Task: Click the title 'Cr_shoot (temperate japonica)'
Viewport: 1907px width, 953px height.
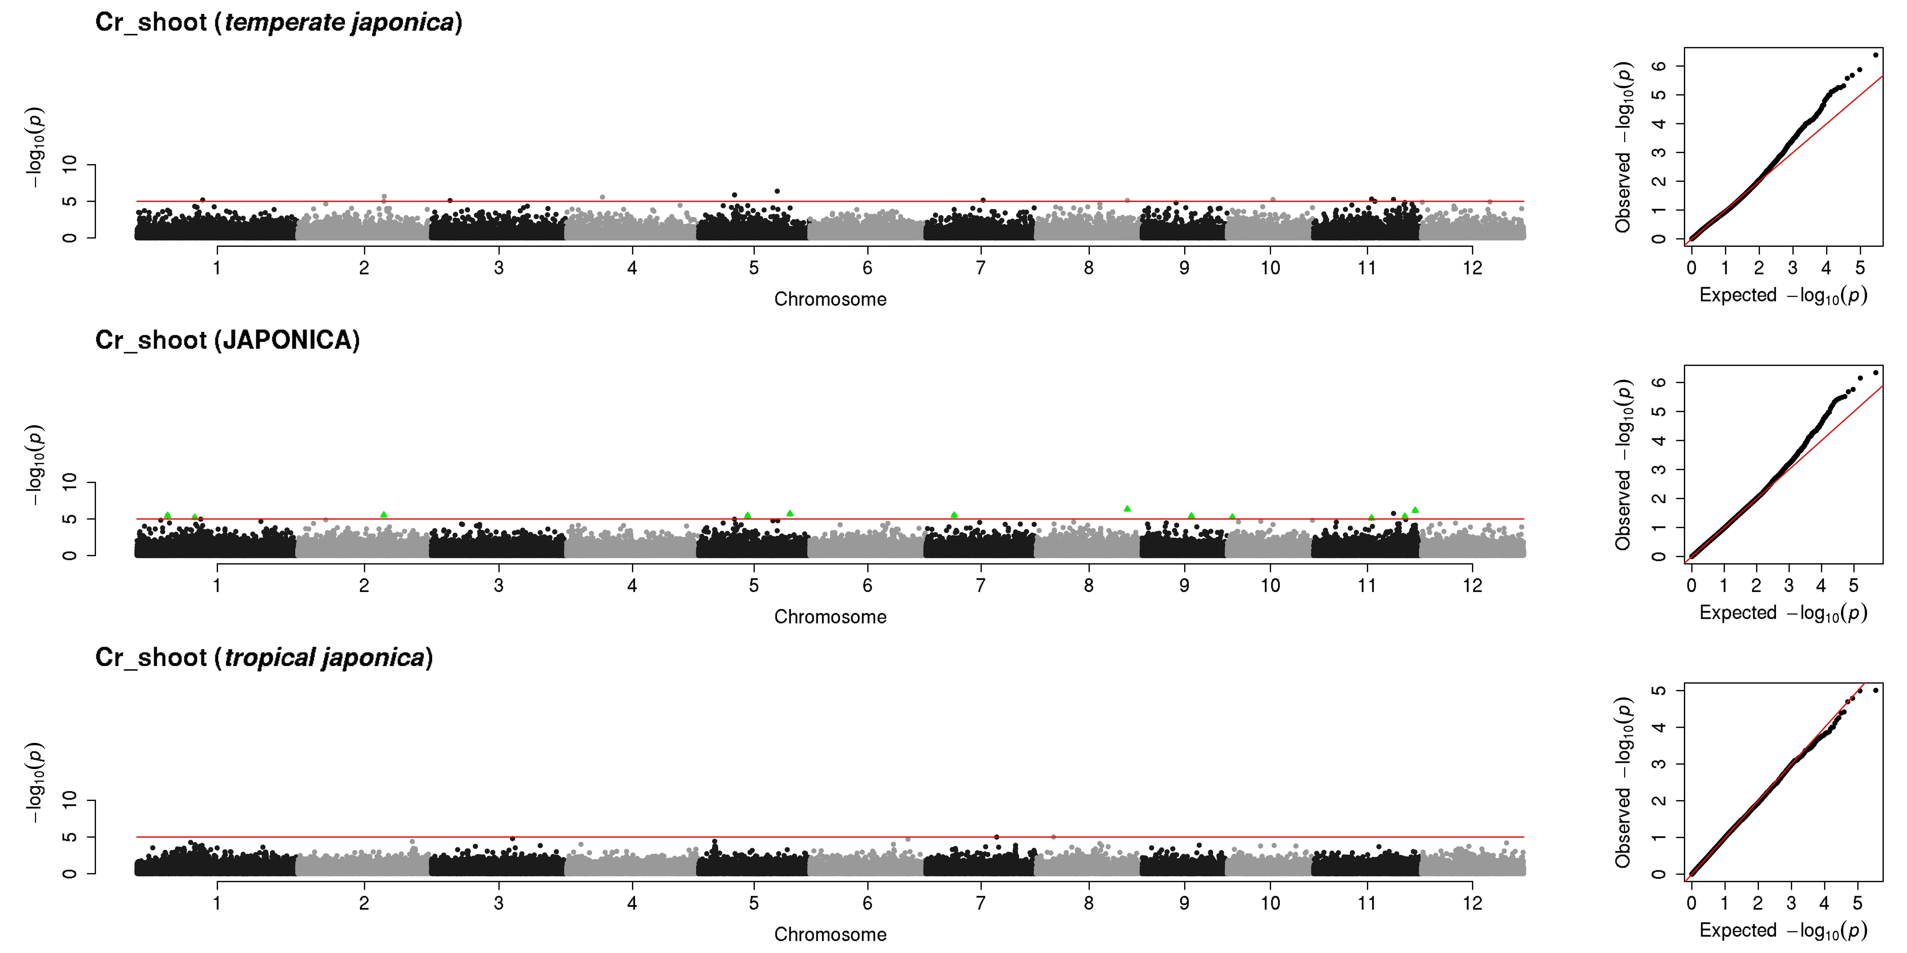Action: click(x=278, y=22)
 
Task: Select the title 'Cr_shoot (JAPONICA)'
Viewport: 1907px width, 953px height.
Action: click(x=227, y=340)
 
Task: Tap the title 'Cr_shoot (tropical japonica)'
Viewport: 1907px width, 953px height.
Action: click(x=264, y=658)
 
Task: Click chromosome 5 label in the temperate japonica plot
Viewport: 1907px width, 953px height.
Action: click(x=754, y=268)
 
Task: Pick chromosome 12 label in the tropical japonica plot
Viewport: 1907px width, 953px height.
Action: click(x=1472, y=903)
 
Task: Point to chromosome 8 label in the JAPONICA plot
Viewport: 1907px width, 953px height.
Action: click(x=1088, y=586)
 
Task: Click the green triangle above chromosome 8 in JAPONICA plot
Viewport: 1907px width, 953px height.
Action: click(x=1127, y=508)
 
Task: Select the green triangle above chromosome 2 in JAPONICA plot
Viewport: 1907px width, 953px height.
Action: click(x=383, y=514)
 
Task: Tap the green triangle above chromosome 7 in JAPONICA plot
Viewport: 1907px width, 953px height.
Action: click(x=953, y=514)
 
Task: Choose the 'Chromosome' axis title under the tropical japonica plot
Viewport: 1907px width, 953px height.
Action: click(x=830, y=935)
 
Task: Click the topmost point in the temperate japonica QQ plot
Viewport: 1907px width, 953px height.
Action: click(x=1875, y=55)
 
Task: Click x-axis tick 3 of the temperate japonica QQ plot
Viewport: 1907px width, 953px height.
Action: click(x=1792, y=268)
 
